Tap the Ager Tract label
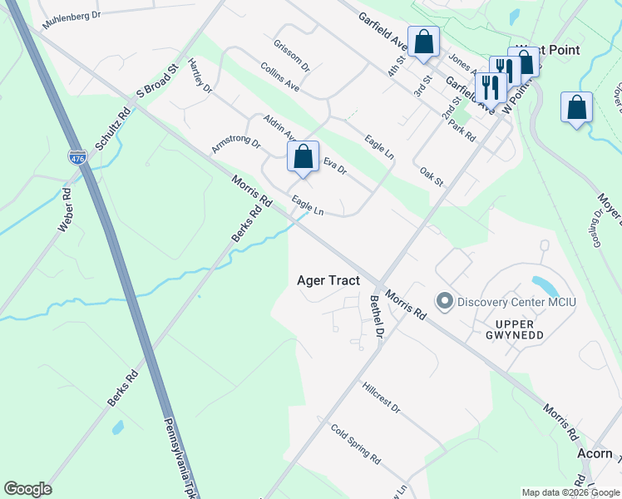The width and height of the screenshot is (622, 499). click(328, 281)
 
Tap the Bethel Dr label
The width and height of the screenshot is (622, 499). click(375, 316)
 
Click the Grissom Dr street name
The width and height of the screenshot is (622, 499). click(290, 55)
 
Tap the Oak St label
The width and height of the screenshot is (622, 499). click(432, 176)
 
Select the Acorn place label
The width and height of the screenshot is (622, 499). click(595, 453)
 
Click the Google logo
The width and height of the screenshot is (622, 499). click(27, 489)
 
